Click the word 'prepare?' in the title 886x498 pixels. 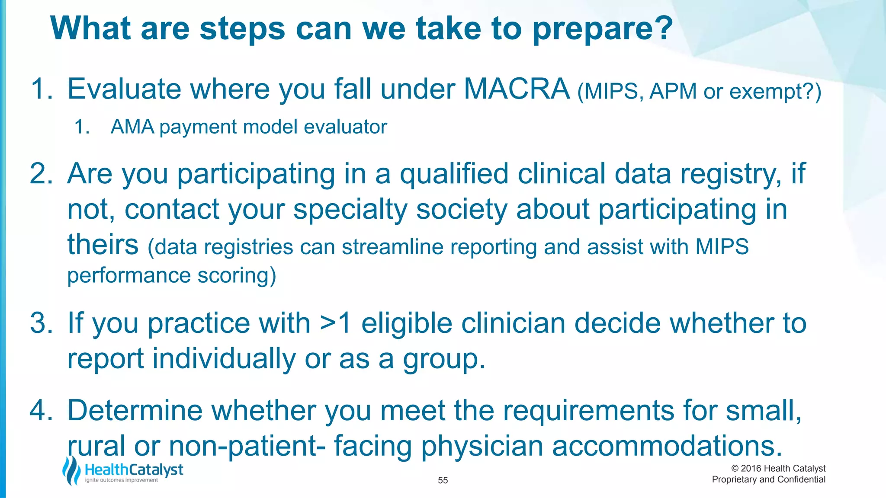click(x=602, y=29)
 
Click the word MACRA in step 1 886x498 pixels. click(x=517, y=89)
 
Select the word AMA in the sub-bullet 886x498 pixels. click(x=132, y=127)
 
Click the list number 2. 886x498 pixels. click(x=41, y=174)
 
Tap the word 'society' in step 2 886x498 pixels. click(x=462, y=210)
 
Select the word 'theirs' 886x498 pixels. click(x=103, y=245)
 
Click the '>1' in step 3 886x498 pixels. click(x=335, y=323)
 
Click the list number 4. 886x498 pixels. click(x=41, y=410)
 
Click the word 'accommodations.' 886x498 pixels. click(x=667, y=446)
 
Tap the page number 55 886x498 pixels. click(x=443, y=480)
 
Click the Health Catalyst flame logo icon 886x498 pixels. click(x=71, y=471)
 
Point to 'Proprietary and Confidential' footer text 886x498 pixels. click(x=768, y=479)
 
